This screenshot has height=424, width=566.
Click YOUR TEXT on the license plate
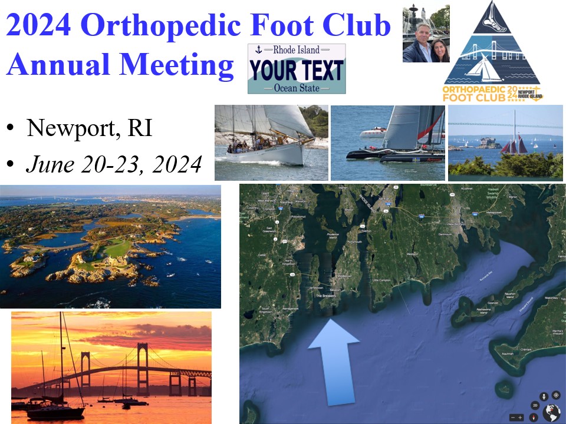coord(296,70)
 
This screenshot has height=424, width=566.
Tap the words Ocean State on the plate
coord(297,88)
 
